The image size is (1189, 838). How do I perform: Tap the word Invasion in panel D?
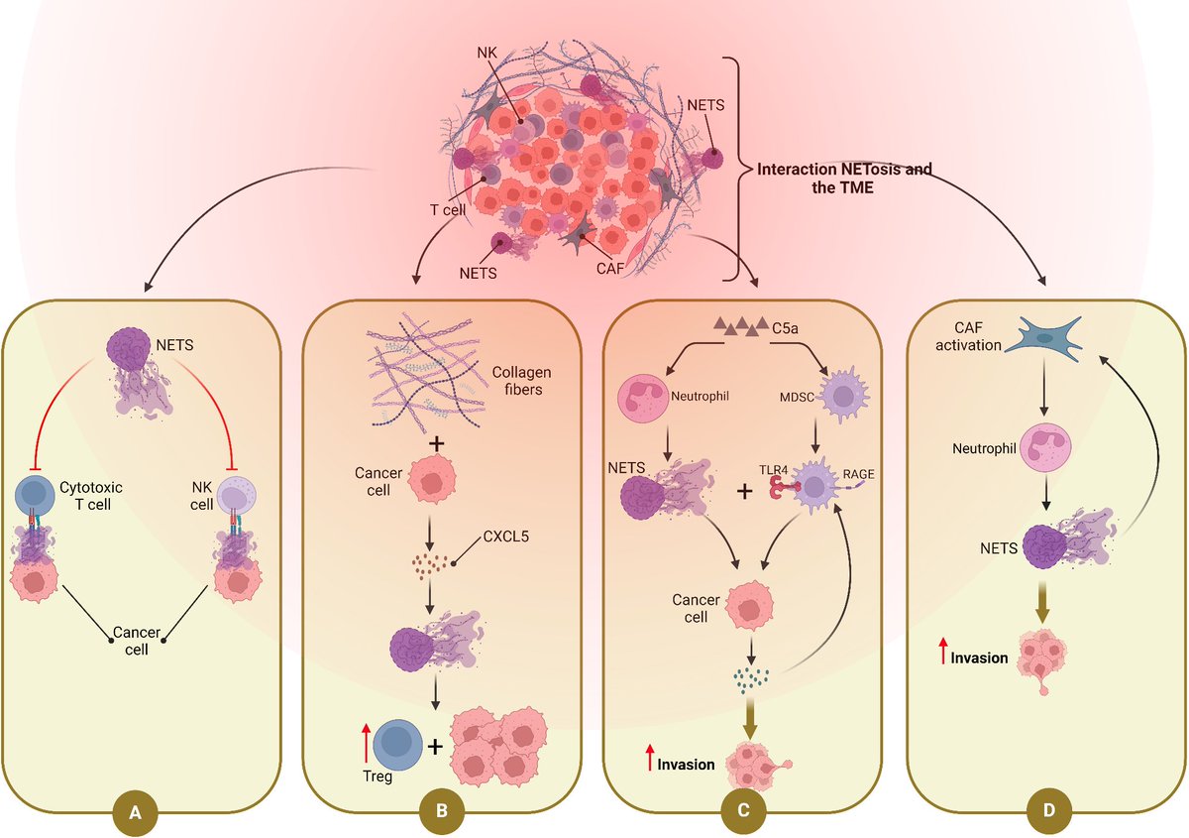pyautogui.click(x=979, y=658)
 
